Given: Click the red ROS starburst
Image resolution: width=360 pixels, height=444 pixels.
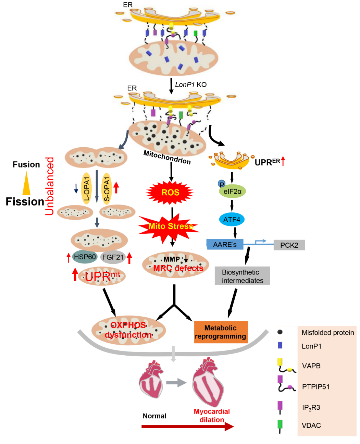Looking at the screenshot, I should point(170,193).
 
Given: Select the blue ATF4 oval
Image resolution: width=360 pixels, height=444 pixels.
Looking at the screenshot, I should point(232,220).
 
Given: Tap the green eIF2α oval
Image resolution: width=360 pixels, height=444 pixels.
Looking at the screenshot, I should point(232,192).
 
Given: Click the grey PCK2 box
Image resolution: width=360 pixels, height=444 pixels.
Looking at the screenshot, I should point(289,245).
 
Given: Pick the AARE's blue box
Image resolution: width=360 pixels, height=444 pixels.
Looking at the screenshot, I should point(225,244).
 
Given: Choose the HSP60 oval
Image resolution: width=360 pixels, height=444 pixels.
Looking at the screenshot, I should point(85,257).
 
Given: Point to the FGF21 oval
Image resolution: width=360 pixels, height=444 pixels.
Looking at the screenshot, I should point(113,257).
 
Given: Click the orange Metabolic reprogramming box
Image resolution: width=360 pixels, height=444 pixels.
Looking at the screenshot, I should point(221,332).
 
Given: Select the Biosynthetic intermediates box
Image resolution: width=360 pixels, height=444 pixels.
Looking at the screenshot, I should point(243,276).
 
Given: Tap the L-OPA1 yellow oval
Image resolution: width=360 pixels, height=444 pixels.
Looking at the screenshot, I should point(86,188).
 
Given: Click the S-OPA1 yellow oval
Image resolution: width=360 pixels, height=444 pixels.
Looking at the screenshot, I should point(107,188).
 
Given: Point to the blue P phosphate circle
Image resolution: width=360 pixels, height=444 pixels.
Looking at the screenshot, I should point(222,184).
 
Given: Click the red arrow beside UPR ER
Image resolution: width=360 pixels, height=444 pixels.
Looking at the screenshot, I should point(283,161).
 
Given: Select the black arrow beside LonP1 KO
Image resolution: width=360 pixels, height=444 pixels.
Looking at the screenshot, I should point(171,86).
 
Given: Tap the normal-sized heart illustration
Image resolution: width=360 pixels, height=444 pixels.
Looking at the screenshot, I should point(151,379).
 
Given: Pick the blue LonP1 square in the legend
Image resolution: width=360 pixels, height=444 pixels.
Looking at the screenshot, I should point(280,345).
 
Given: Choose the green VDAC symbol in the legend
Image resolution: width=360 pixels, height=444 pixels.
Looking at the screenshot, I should point(280,425).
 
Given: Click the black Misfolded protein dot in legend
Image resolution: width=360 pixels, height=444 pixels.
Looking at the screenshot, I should point(280,332).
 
